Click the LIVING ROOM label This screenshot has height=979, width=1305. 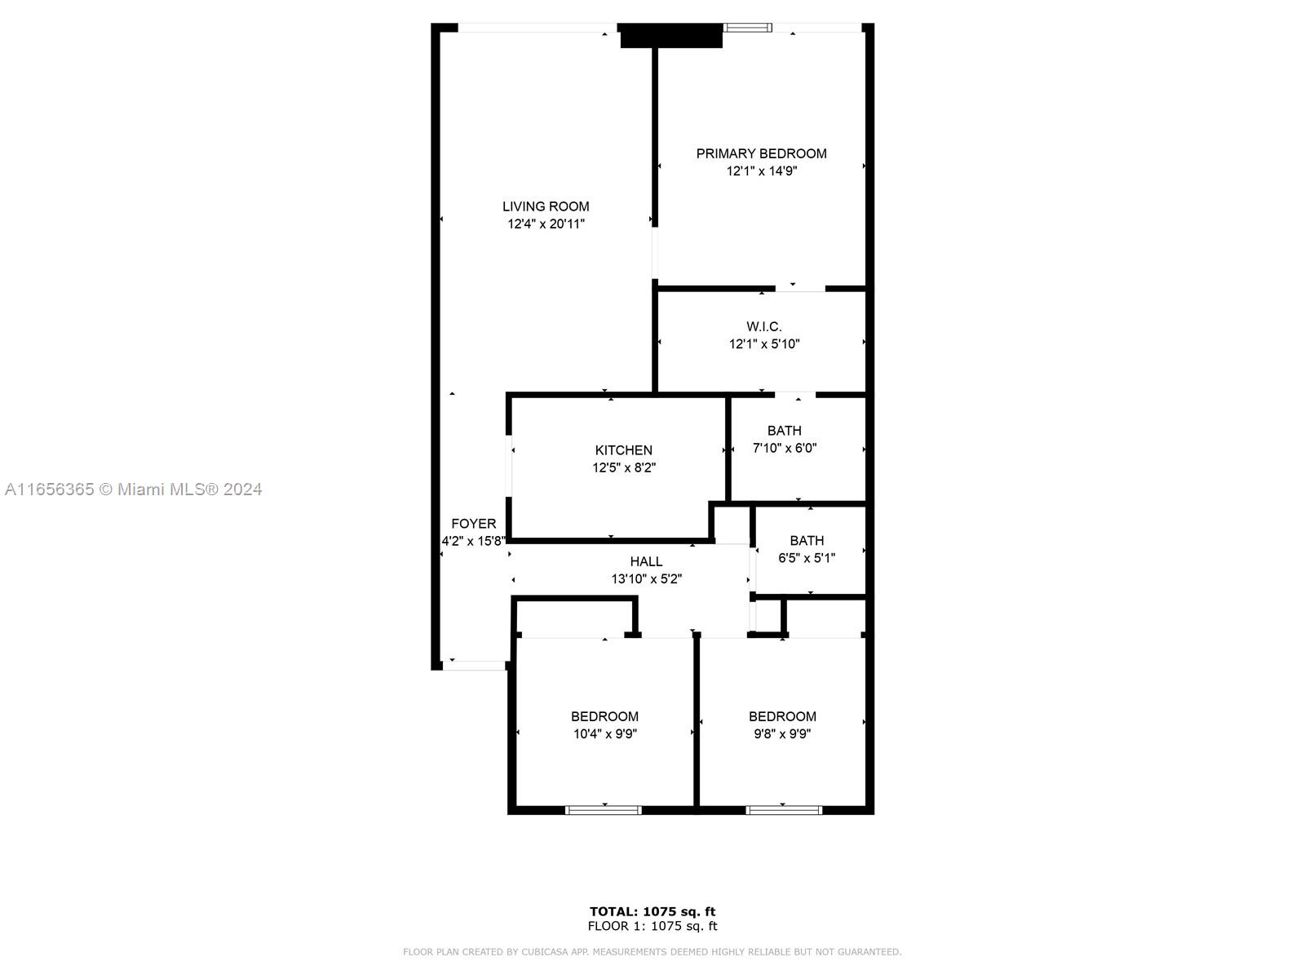pyautogui.click(x=546, y=206)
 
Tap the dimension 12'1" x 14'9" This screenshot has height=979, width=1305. pyautogui.click(x=761, y=171)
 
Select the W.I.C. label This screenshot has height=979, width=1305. pyautogui.click(x=763, y=326)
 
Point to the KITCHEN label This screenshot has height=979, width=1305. pyautogui.click(x=623, y=450)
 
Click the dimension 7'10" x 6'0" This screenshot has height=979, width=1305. pyautogui.click(x=784, y=448)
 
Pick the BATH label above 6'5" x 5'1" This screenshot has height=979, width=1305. pyautogui.click(x=806, y=541)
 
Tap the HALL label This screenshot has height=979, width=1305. pyautogui.click(x=646, y=561)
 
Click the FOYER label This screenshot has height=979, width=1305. pyautogui.click(x=473, y=524)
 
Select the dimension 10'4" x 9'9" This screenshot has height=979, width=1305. pyautogui.click(x=604, y=733)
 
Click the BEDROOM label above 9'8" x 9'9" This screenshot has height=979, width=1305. pyautogui.click(x=782, y=716)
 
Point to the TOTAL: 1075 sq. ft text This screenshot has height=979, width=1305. pyautogui.click(x=652, y=911)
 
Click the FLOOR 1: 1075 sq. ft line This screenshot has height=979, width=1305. pyautogui.click(x=652, y=926)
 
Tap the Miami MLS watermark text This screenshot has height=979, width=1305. pyautogui.click(x=133, y=489)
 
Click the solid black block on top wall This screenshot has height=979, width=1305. pyautogui.click(x=671, y=36)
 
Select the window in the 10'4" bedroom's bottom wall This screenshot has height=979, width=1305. pyautogui.click(x=604, y=810)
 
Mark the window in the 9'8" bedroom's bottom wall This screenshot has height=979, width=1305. pyautogui.click(x=783, y=810)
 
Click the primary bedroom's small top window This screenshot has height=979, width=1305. pyautogui.click(x=748, y=28)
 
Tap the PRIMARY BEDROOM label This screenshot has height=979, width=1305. pyautogui.click(x=761, y=153)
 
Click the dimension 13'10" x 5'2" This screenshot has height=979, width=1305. pyautogui.click(x=646, y=579)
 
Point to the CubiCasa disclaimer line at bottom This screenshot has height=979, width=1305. pyautogui.click(x=652, y=952)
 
